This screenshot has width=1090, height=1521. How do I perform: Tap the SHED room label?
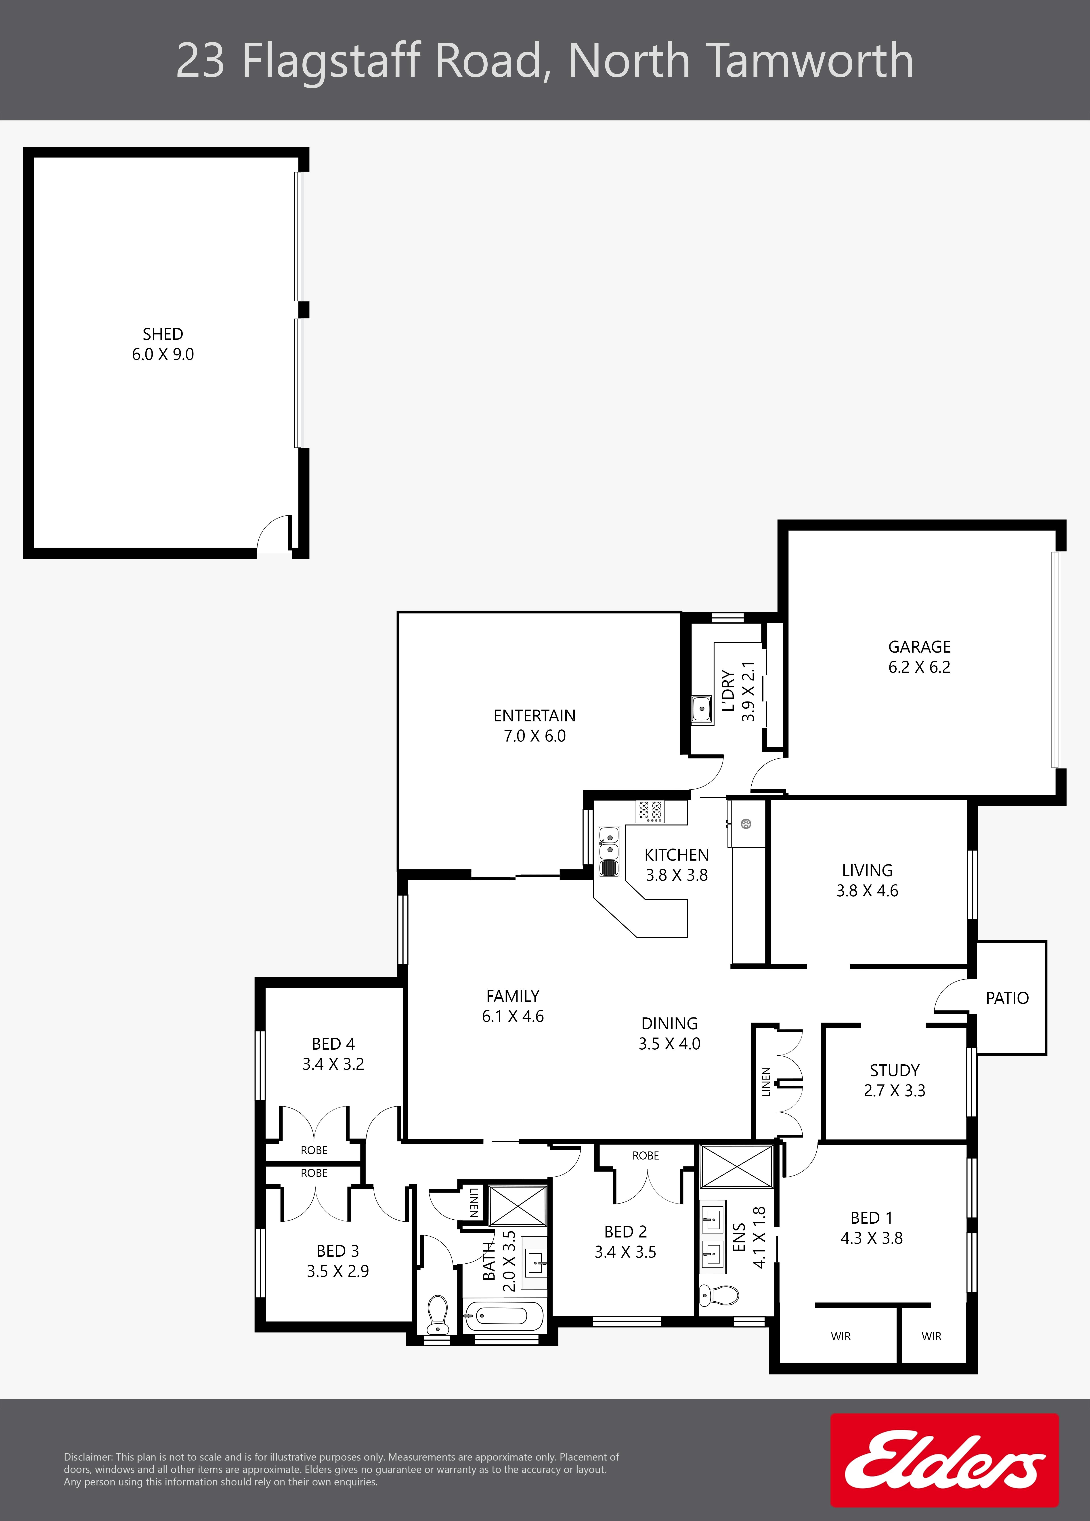(x=163, y=334)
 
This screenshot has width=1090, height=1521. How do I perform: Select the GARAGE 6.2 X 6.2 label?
(x=919, y=657)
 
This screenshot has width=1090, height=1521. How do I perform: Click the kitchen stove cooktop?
(x=650, y=811)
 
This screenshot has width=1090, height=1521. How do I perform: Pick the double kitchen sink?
(x=609, y=843)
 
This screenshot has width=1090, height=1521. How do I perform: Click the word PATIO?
(x=1007, y=998)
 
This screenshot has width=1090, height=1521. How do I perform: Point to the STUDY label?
(x=894, y=1070)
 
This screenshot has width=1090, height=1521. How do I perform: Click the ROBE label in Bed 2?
(x=646, y=1155)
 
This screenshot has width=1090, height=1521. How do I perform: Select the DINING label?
(x=669, y=1023)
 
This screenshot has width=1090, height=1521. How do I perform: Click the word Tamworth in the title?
(x=811, y=60)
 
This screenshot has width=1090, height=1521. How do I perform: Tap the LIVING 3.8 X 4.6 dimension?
(x=867, y=891)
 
